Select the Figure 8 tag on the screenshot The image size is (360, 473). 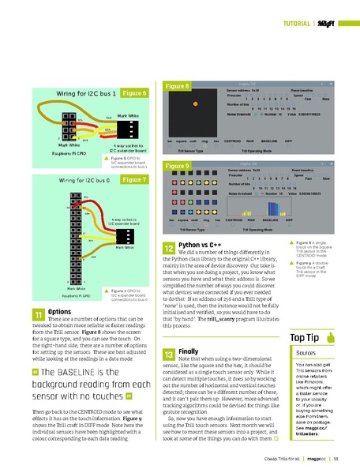pos(175,85)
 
